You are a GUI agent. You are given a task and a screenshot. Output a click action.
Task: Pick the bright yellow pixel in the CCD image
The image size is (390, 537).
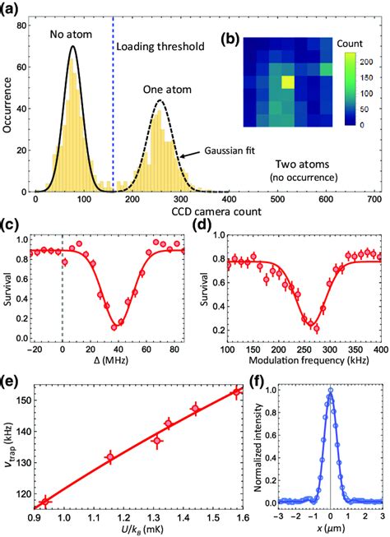point(288,82)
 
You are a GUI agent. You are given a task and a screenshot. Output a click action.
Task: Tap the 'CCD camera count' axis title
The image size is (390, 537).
point(206,217)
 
